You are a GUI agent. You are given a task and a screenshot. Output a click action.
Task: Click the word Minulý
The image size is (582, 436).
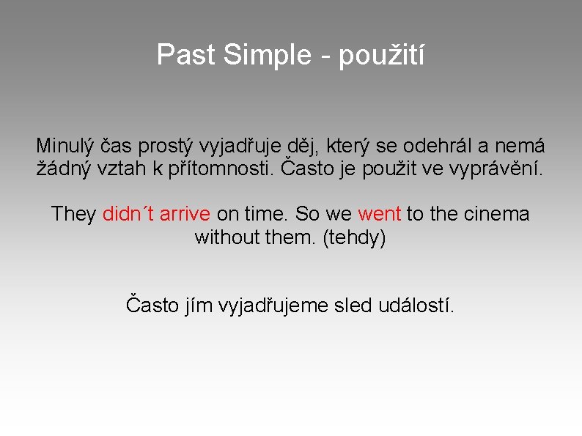[64, 146]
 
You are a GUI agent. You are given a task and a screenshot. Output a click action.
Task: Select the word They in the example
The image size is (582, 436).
[73, 214]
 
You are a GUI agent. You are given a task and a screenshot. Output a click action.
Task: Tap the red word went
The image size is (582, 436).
[379, 214]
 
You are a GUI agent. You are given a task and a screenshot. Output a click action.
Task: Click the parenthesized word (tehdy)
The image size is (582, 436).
[354, 238]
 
